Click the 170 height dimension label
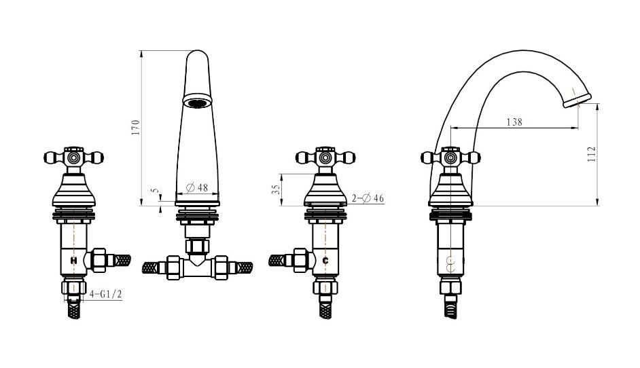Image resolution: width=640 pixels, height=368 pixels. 136,127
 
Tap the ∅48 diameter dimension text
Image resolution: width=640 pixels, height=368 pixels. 197,187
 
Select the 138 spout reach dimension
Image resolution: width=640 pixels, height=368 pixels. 514,122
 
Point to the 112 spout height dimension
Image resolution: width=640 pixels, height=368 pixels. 592,154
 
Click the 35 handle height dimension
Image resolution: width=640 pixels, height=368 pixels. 277,189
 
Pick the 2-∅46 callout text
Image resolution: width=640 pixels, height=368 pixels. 368,198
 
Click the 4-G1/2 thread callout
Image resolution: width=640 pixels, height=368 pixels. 106,294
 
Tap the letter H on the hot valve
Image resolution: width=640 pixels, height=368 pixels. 73,260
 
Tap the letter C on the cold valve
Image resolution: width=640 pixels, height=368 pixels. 325,260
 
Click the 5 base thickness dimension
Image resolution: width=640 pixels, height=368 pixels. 154,191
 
